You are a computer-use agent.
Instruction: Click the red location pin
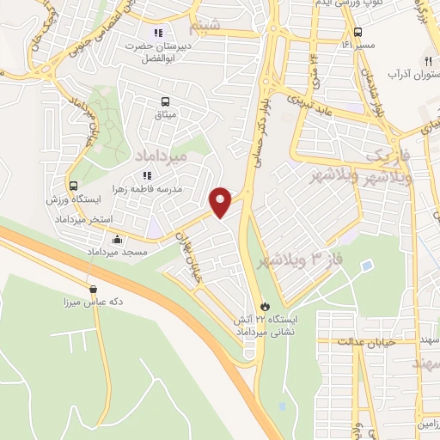click(x=222, y=203)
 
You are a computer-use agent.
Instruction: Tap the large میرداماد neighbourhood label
click(x=161, y=154)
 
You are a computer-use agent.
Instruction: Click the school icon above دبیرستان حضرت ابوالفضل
click(x=157, y=34)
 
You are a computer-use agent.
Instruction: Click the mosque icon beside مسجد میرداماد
click(x=117, y=239)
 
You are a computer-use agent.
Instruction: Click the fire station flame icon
click(x=265, y=306)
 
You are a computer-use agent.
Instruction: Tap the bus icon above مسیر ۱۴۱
click(x=358, y=32)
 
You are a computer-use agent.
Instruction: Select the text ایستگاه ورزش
click(x=69, y=199)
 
